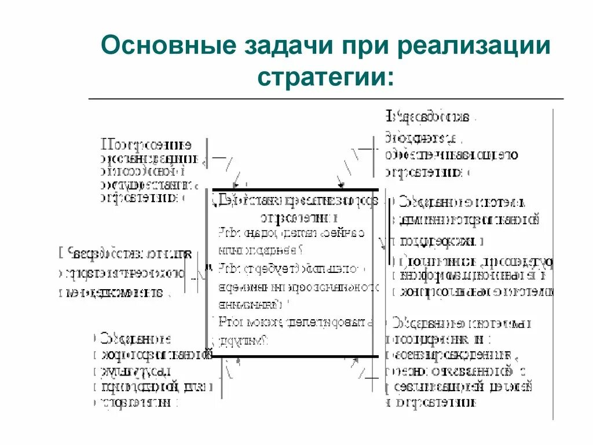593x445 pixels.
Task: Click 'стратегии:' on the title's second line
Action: [x=326, y=76]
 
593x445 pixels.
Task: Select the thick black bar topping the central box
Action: [x=295, y=189]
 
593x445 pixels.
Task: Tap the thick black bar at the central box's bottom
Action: [x=295, y=356]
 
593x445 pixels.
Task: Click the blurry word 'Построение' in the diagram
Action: [x=147, y=144]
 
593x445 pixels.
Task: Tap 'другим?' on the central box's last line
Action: [x=243, y=340]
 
